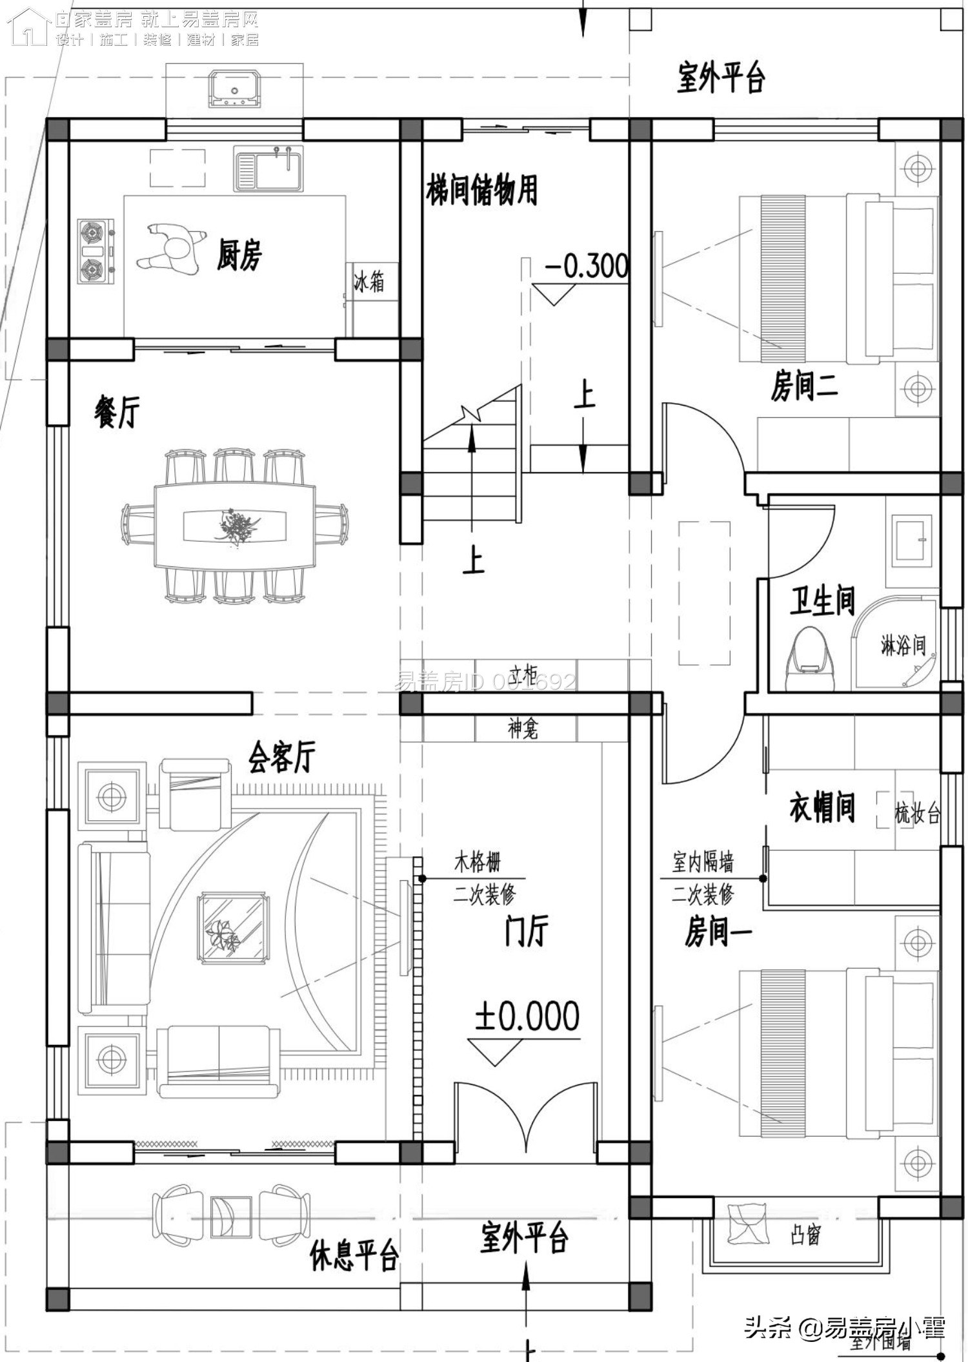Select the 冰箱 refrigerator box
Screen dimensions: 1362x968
(x=369, y=282)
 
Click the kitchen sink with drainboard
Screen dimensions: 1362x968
(x=268, y=168)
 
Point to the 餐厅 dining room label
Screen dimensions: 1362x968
(x=117, y=412)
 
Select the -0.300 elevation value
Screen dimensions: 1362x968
(x=587, y=266)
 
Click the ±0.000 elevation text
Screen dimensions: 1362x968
(x=527, y=1016)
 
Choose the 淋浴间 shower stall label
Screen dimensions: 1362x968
(x=903, y=645)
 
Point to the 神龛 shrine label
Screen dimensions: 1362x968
(x=523, y=729)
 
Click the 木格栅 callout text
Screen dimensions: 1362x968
(x=478, y=862)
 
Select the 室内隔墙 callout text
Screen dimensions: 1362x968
(x=703, y=862)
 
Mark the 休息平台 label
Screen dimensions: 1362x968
(x=354, y=1256)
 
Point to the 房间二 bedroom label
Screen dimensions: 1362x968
(x=804, y=387)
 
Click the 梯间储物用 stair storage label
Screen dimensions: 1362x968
(x=481, y=191)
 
